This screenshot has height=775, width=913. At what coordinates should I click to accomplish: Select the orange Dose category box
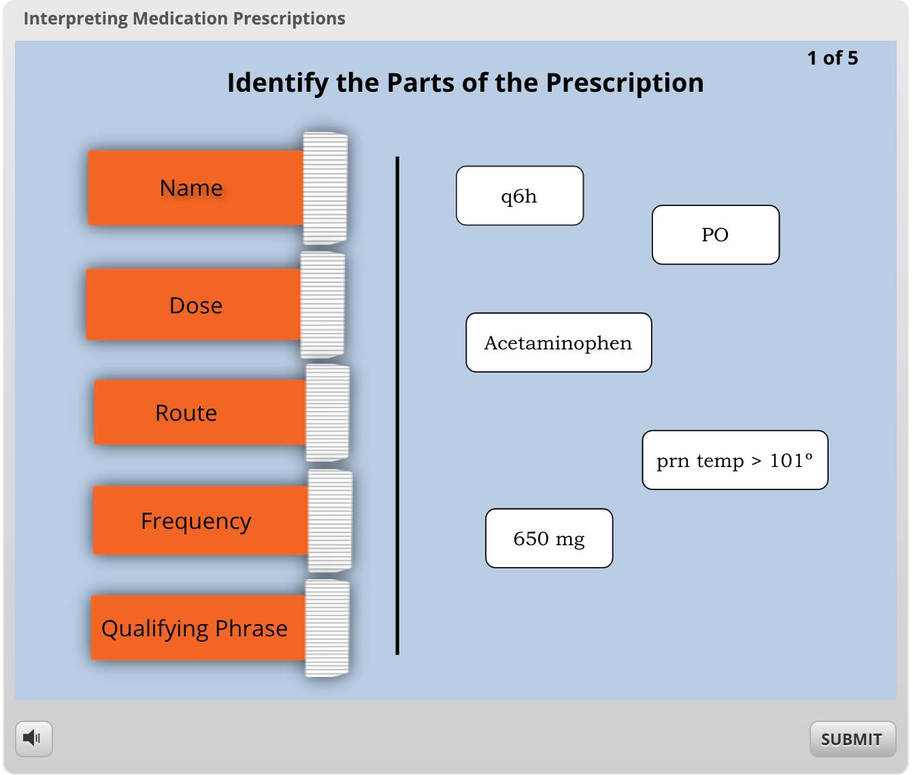coord(193,305)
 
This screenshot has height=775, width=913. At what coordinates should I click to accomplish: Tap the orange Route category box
coord(199,412)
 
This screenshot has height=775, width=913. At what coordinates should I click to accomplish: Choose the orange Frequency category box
coord(201,520)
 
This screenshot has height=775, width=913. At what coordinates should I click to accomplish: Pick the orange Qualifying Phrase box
coord(199,627)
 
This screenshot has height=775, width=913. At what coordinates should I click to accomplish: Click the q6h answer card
coord(520,196)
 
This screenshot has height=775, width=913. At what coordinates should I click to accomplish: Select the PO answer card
coord(716,235)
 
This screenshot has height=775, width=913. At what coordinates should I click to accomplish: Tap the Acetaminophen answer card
coord(559,343)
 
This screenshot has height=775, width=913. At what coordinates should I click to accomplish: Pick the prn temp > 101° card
coord(735,460)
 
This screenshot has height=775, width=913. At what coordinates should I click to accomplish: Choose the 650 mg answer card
coord(549,538)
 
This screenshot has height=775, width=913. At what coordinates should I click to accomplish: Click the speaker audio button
coord(34,739)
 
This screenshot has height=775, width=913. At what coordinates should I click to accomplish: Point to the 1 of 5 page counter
coord(833,58)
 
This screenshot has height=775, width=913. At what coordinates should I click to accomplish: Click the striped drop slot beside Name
coord(325,188)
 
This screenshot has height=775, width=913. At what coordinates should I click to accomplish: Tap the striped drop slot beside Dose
coord(323,305)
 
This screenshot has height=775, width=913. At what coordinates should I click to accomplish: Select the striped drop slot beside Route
coord(328,412)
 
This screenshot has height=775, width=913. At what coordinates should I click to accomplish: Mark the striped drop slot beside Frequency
coord(330,520)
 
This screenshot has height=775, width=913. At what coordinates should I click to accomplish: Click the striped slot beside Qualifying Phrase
coord(327,627)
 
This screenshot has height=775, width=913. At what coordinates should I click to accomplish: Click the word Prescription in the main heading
coord(625,83)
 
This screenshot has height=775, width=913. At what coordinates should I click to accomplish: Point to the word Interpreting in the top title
coord(76,19)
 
